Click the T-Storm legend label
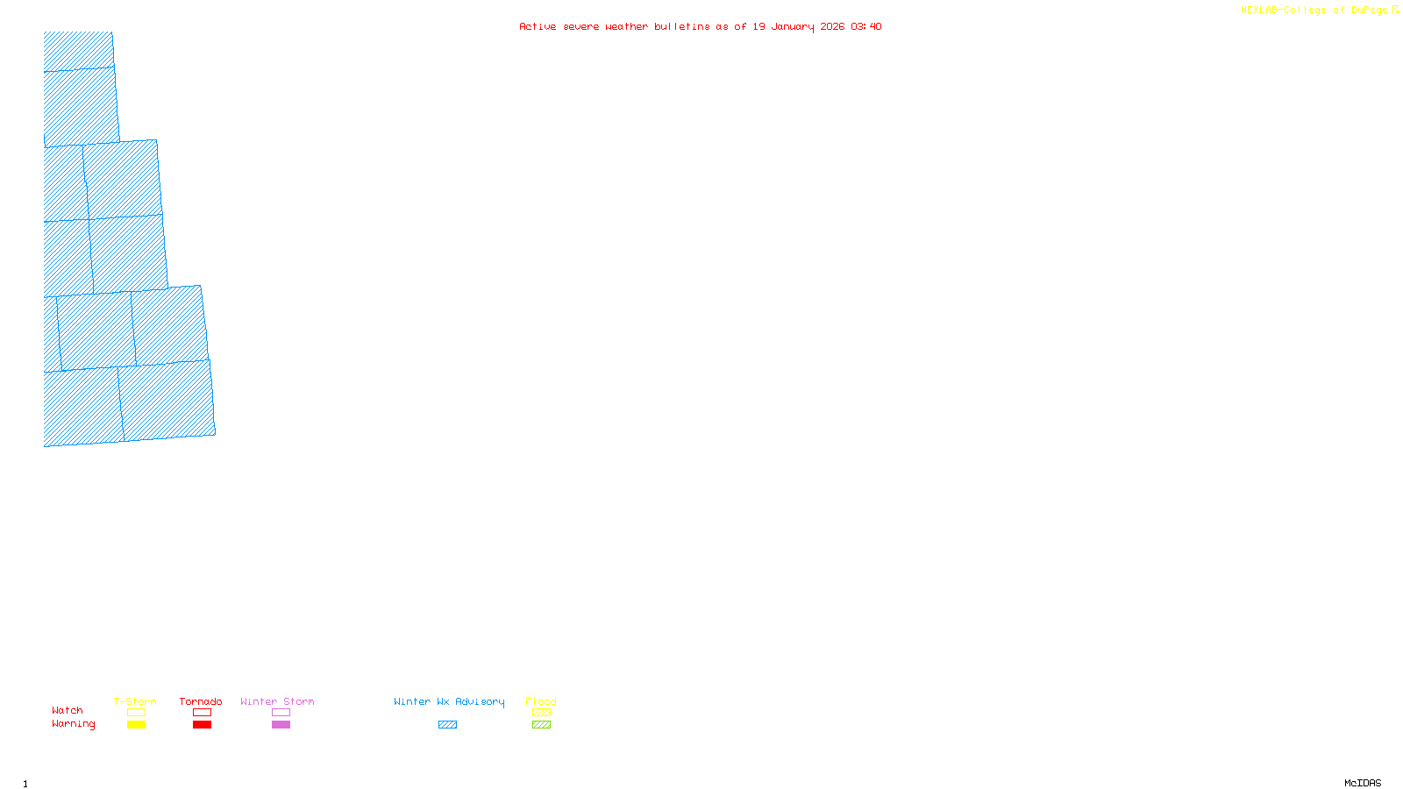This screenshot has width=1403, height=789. (135, 701)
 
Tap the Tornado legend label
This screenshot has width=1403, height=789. (201, 701)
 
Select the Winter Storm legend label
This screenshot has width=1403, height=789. (277, 701)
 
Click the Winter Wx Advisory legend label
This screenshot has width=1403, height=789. (449, 701)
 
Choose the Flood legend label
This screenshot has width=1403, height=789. (541, 701)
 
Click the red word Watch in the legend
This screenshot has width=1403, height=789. (68, 710)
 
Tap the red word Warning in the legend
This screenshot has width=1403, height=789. (74, 724)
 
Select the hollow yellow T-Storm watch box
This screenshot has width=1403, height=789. (136, 713)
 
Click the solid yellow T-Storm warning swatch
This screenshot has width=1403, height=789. (136, 725)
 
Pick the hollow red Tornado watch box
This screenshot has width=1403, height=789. (202, 713)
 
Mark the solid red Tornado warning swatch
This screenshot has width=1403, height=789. (202, 725)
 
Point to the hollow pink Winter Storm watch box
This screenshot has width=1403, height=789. (281, 713)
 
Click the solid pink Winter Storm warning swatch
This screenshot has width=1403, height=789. (281, 725)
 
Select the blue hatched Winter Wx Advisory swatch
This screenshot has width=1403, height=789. (447, 725)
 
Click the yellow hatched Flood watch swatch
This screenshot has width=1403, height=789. (541, 713)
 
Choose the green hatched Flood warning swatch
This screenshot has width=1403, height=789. (541, 725)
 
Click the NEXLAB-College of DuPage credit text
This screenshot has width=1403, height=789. (1314, 11)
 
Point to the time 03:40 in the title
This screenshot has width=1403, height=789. (865, 26)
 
